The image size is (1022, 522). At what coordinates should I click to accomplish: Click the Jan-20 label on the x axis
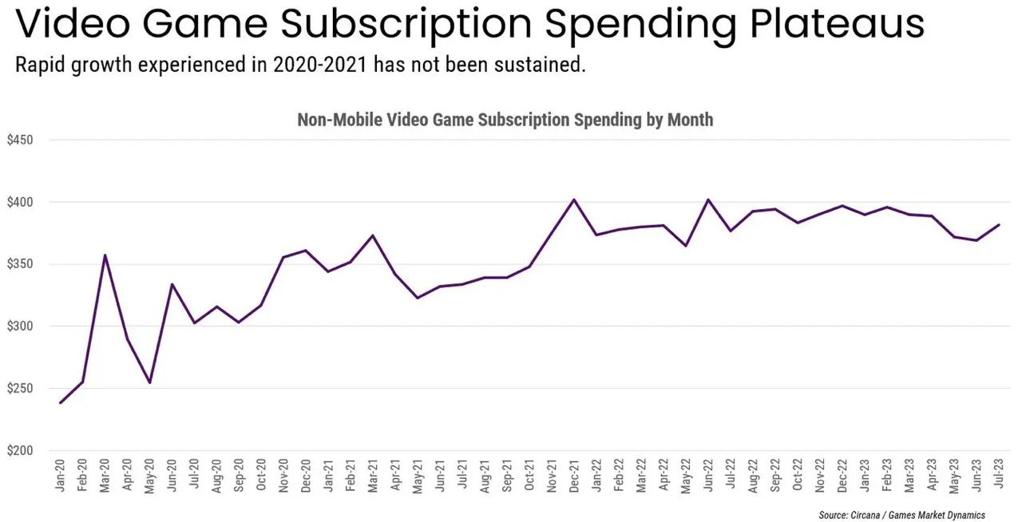coord(61,476)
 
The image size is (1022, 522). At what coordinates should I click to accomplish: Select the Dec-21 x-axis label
coord(574,476)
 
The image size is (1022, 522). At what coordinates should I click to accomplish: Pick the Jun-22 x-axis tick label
coord(708,476)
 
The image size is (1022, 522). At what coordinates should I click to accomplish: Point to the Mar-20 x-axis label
coord(105,476)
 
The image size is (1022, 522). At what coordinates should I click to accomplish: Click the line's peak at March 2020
coord(105,255)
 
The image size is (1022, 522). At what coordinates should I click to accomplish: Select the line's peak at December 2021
coord(574,200)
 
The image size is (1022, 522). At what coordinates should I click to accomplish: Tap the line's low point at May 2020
coord(149,382)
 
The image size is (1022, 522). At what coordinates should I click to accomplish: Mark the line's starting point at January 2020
coord(61,403)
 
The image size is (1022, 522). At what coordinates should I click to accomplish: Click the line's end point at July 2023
coord(999,225)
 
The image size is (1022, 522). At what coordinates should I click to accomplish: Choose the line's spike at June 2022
coord(708,200)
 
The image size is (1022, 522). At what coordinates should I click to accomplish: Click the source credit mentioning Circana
coord(901,515)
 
